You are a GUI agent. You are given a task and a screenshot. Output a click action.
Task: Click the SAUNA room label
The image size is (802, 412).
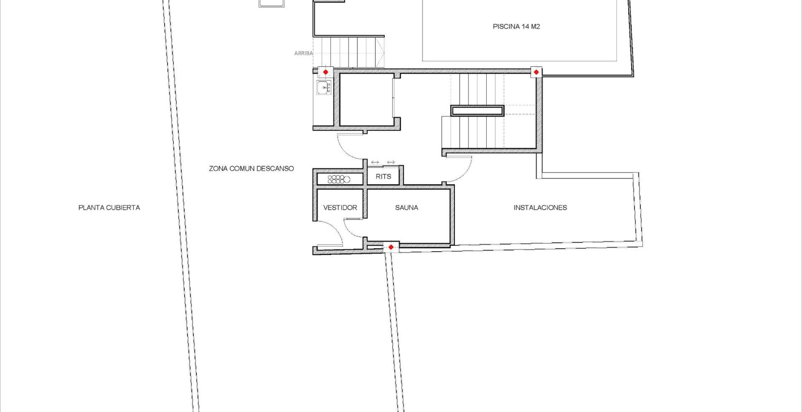[x=406, y=207]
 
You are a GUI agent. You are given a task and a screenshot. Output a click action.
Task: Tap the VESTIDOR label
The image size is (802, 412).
[x=340, y=207]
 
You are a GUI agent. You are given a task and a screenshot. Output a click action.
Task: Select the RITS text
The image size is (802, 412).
[x=383, y=177]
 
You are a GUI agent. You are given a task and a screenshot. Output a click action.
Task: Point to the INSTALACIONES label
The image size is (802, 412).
[x=540, y=207]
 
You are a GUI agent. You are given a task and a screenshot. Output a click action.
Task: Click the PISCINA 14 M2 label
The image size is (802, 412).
[x=516, y=26]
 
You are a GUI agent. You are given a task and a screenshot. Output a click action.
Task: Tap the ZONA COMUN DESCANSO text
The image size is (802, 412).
[x=251, y=168]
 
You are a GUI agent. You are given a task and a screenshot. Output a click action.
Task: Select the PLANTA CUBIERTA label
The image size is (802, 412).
[x=109, y=207]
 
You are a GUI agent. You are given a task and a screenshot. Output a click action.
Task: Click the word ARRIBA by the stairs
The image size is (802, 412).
[x=303, y=53]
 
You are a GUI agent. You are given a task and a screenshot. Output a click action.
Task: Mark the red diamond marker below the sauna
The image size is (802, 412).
[x=391, y=247]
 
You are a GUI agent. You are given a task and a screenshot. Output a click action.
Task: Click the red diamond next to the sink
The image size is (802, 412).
[x=326, y=72]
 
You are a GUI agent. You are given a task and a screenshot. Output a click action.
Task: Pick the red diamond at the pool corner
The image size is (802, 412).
[x=536, y=72]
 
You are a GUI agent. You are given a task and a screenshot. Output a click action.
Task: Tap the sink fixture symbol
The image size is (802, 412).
[x=324, y=88]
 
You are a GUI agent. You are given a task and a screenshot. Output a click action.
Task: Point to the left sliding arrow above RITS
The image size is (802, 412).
[x=375, y=162]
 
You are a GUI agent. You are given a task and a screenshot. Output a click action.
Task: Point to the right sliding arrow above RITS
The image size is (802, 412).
[x=391, y=162]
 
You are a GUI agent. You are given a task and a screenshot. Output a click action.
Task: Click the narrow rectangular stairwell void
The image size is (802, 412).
[x=477, y=110]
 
